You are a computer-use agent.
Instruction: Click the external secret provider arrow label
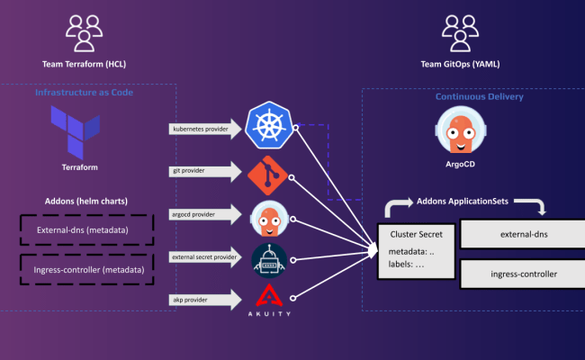tap(206, 257)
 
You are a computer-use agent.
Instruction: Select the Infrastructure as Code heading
tap(84, 93)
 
